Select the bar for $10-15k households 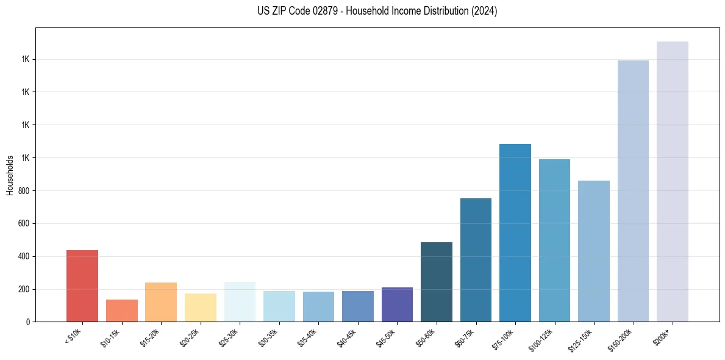(x=121, y=311)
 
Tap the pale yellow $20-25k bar (x=200, y=308)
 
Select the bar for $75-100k (x=515, y=232)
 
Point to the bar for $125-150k (x=594, y=251)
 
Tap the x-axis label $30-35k (x=268, y=337)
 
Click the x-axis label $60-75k (x=465, y=337)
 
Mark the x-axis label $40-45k (x=347, y=337)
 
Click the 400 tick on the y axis (x=25, y=256)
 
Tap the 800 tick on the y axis (x=25, y=191)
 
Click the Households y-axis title (x=10, y=175)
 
